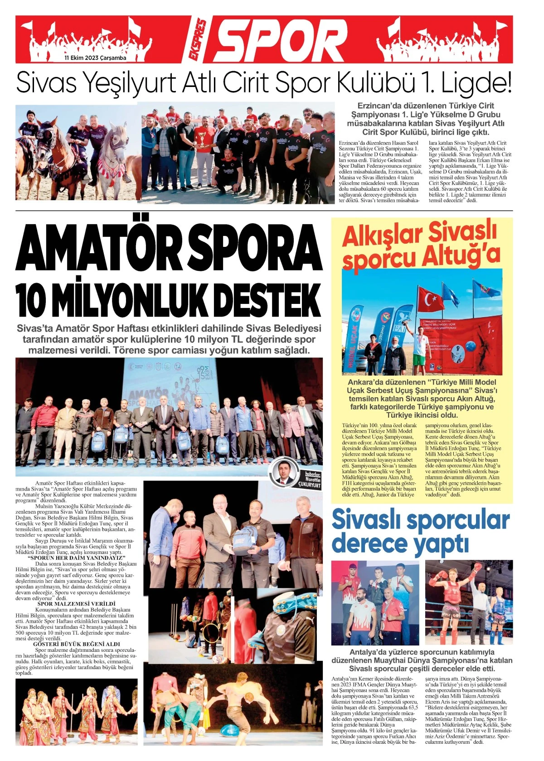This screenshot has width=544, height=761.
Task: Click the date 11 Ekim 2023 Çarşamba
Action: [95, 58]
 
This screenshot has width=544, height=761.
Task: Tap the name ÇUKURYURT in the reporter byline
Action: [309, 485]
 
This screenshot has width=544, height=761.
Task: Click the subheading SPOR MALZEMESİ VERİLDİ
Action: [77, 604]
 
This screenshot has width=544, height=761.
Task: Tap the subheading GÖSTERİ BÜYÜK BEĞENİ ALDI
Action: [77, 644]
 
